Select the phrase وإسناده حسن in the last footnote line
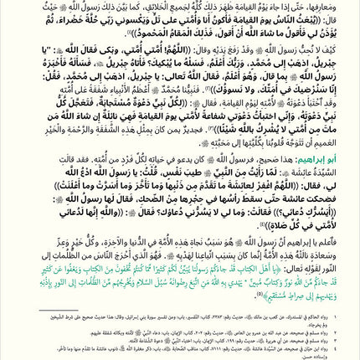(x=332, y=355)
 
